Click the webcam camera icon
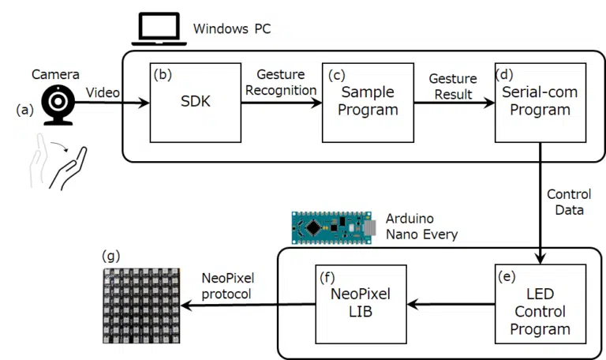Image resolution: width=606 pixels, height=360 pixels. click(x=58, y=103)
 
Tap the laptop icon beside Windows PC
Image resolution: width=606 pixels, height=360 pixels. click(x=158, y=29)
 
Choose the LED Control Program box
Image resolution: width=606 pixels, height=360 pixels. click(x=541, y=304)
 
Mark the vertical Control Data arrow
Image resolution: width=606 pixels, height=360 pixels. click(x=541, y=205)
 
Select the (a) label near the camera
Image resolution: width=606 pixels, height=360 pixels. click(x=25, y=111)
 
